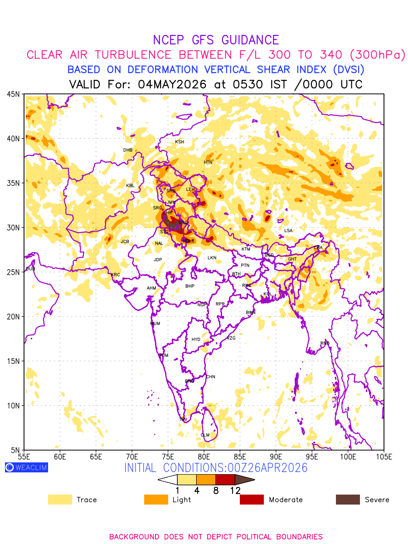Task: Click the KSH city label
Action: (x=180, y=142)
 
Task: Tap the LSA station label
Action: (x=288, y=231)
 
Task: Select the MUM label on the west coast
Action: (x=155, y=324)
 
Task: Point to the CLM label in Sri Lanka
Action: (x=205, y=435)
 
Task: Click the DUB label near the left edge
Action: (x=30, y=269)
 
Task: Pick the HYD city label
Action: (x=196, y=340)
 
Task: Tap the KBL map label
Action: (x=131, y=186)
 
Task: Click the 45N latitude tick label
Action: (x=13, y=94)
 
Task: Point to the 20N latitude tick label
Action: (x=13, y=316)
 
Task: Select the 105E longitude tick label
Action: (x=384, y=456)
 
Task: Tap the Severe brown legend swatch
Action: (x=347, y=500)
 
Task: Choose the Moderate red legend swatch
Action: (x=252, y=500)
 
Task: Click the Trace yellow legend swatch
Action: (x=60, y=500)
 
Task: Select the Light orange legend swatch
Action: (x=155, y=500)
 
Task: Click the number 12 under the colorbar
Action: (x=235, y=490)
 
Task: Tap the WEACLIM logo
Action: (x=26, y=467)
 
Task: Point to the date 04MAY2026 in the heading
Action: (x=172, y=84)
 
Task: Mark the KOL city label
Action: (x=267, y=294)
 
